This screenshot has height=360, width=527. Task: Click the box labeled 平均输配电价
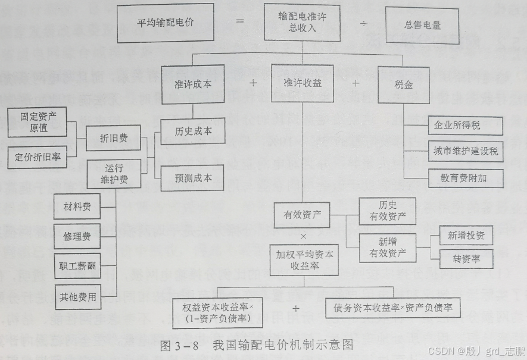pos(166,24)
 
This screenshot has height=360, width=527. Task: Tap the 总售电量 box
pos(423,25)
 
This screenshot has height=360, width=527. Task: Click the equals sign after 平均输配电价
pos(240,21)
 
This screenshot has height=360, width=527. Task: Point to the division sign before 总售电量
pos(364,24)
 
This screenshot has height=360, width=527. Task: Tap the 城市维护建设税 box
pos(465,152)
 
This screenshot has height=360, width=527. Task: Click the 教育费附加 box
pos(465,177)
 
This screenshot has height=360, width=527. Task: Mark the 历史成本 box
pos(193,131)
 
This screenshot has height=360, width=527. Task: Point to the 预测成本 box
pos(193,177)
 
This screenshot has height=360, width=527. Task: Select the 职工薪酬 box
pos(76,265)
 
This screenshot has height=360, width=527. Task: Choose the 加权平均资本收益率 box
pos(304,260)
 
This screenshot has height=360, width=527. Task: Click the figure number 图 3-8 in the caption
pos(179,345)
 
